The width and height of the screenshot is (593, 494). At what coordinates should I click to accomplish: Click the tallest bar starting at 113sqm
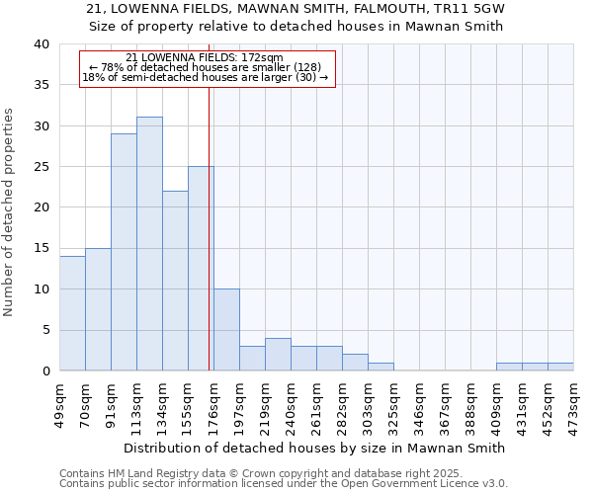click(149, 244)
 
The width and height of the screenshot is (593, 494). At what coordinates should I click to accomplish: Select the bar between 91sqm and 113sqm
click(124, 252)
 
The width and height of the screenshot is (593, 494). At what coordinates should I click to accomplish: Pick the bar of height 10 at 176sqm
click(226, 330)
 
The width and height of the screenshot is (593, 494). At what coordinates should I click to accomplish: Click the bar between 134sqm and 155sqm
click(175, 281)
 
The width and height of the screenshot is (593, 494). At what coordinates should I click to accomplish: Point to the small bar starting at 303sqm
click(381, 367)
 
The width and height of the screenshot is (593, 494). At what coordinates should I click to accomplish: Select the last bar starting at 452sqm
click(560, 367)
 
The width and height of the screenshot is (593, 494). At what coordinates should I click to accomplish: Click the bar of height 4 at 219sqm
click(278, 355)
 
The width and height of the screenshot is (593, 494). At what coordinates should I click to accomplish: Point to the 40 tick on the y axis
click(42, 44)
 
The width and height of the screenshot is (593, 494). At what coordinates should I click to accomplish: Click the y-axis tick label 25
click(42, 167)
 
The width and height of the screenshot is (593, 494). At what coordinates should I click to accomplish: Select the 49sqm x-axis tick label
click(59, 403)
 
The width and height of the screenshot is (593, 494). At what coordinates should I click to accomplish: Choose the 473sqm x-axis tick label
click(573, 403)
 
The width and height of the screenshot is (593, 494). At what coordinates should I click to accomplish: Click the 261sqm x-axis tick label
click(316, 403)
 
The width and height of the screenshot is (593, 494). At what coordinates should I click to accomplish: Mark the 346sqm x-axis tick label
click(419, 403)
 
